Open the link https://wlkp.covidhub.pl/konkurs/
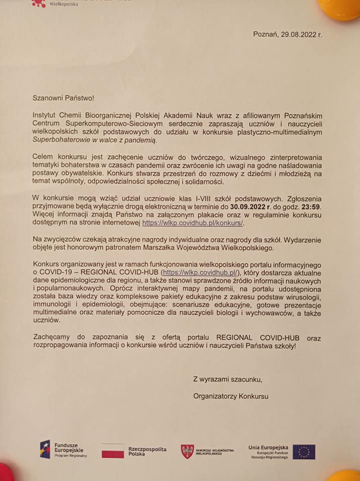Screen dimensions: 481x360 [x=193, y=223]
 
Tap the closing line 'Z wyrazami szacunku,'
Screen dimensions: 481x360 [x=228, y=379]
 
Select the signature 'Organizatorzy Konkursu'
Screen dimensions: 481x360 [x=231, y=396]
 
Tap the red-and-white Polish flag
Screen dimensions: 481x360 [x=112, y=450]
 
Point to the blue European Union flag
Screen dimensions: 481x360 [x=304, y=451]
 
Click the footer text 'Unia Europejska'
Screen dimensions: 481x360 [x=268, y=446]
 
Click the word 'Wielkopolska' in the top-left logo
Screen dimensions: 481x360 [x=64, y=4]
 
